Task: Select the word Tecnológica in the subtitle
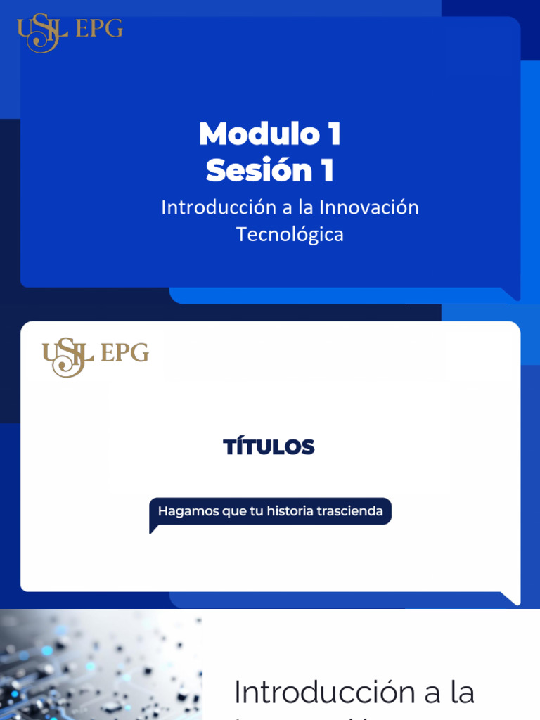point(290,234)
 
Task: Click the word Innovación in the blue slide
point(368,207)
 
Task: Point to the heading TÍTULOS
point(269,447)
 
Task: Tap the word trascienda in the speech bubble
point(349,511)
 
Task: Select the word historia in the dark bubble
point(289,511)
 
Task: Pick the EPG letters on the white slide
point(124,352)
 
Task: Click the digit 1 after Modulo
point(333,134)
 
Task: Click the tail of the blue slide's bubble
point(510,293)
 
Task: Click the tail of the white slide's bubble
point(510,598)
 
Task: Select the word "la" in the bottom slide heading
point(463,693)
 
